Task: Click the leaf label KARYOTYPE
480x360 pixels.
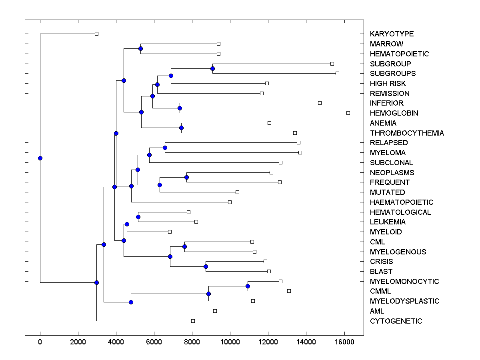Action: tap(392, 34)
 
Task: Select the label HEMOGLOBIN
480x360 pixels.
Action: tap(394, 113)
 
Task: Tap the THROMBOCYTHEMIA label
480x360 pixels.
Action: tap(407, 133)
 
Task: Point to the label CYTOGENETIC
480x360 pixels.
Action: tap(396, 321)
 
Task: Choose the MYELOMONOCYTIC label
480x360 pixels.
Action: tap(404, 282)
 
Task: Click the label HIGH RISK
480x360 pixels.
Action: tap(388, 84)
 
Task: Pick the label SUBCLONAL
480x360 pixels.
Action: tap(391, 163)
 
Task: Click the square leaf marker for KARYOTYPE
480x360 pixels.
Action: tap(96, 34)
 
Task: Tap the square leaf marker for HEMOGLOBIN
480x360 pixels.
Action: tap(348, 113)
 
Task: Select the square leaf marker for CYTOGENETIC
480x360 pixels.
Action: tap(193, 321)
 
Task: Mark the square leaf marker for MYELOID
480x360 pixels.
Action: tap(170, 232)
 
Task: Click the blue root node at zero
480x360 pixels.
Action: tap(40, 158)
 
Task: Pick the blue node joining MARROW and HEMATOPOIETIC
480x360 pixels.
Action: tap(140, 48)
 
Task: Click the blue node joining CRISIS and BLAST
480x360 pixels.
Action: tap(206, 266)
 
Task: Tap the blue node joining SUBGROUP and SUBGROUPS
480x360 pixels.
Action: tap(212, 68)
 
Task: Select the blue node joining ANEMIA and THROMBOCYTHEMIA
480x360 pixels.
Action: tap(181, 128)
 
